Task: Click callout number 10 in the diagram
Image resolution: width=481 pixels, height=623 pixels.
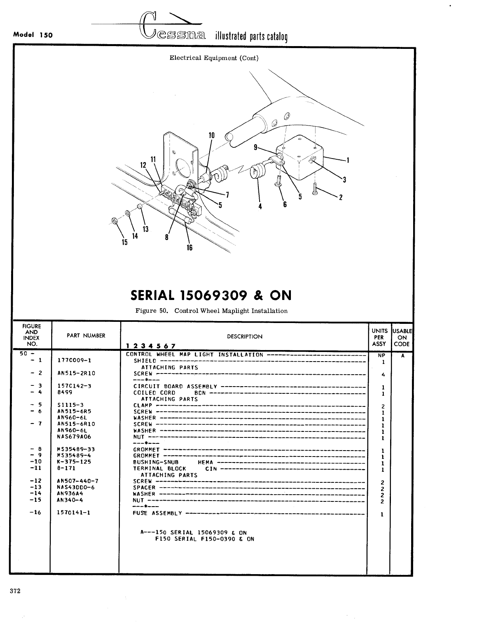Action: click(212, 135)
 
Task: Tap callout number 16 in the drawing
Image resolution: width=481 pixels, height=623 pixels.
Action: click(189, 248)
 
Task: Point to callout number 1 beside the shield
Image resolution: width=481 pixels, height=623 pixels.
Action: click(348, 161)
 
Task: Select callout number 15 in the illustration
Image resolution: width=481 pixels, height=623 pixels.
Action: click(125, 242)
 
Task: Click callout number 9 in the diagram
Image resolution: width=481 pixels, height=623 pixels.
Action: click(256, 148)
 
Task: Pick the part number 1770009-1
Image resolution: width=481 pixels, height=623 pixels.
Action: click(74, 360)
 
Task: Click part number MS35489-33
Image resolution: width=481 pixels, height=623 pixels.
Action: click(76, 449)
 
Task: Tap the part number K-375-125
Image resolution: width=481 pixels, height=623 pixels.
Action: click(74, 462)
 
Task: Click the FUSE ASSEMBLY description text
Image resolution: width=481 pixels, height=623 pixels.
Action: click(158, 513)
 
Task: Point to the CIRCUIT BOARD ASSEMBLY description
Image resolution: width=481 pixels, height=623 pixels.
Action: click(175, 386)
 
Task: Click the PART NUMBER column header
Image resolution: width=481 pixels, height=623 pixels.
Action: click(86, 336)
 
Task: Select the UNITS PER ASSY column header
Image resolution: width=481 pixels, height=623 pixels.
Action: click(379, 337)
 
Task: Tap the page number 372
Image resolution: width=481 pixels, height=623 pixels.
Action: click(15, 591)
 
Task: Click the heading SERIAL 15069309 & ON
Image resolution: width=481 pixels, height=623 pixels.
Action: click(211, 295)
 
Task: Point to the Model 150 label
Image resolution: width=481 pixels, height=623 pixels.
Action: click(33, 35)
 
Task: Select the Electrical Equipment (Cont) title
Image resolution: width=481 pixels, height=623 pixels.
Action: click(214, 58)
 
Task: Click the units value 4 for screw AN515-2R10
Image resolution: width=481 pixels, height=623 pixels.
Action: click(383, 374)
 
